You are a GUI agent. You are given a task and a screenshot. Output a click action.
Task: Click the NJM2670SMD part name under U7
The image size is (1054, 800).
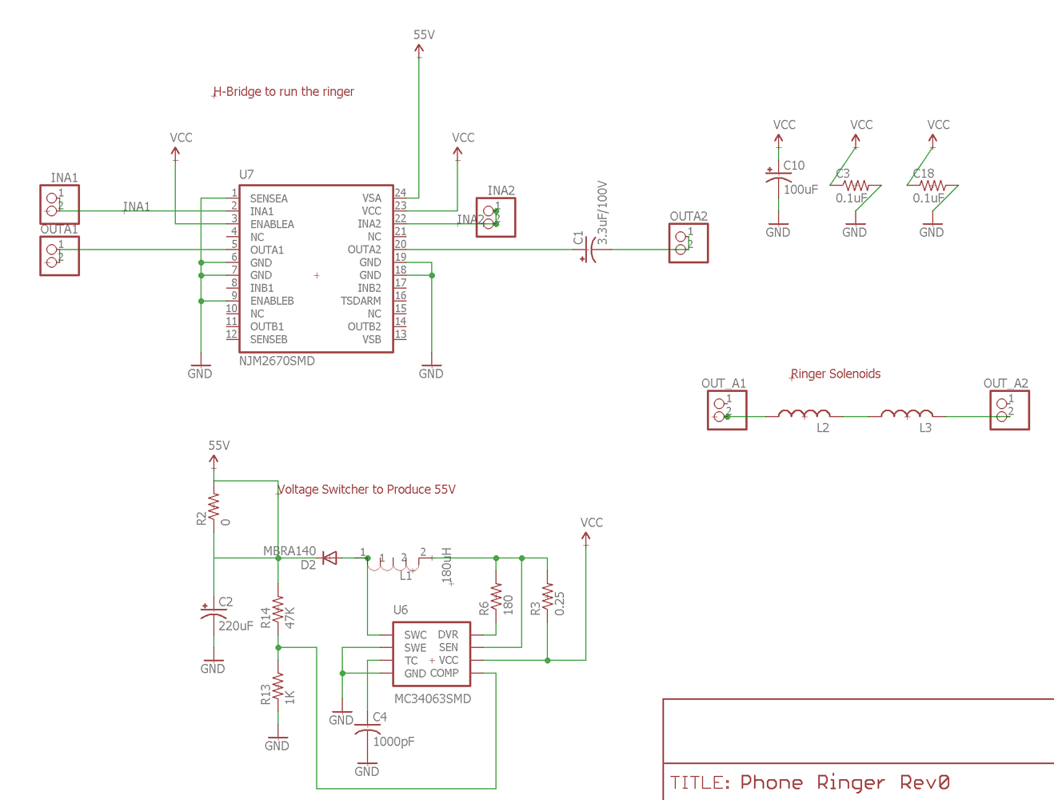(277, 361)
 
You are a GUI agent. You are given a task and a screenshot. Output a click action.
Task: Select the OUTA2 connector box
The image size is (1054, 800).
(688, 243)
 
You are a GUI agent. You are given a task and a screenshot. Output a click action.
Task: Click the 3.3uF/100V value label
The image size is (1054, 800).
(602, 213)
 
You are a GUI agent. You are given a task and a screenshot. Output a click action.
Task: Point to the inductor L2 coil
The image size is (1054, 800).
(804, 414)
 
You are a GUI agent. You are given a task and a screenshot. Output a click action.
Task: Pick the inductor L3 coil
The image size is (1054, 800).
(906, 414)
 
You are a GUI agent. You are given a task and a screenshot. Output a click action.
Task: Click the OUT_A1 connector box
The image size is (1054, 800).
(726, 410)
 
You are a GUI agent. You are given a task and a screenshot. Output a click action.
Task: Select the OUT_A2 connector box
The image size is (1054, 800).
(1008, 410)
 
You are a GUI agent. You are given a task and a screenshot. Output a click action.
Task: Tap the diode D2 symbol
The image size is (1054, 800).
(329, 558)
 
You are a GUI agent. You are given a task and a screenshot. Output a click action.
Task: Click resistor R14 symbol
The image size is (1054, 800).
(277, 612)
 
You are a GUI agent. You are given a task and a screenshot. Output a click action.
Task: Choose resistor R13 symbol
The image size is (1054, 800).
(277, 688)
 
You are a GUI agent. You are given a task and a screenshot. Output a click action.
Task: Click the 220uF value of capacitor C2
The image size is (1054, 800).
(236, 626)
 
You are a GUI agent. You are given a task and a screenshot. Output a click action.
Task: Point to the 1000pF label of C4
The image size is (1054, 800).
(393, 742)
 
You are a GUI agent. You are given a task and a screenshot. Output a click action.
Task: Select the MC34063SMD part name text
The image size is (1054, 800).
(432, 698)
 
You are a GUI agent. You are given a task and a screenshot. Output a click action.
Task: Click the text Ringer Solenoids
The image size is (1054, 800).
(835, 374)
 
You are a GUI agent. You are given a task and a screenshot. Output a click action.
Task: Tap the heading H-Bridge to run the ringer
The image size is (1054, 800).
(283, 92)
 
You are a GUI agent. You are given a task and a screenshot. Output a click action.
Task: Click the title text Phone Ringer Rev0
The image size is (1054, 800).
(844, 782)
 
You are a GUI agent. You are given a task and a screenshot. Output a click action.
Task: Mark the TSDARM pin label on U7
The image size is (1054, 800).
(361, 301)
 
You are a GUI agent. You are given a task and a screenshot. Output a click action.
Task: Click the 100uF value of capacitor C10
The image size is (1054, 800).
(800, 190)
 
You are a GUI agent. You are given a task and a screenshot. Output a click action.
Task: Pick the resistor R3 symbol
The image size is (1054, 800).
(547, 598)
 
